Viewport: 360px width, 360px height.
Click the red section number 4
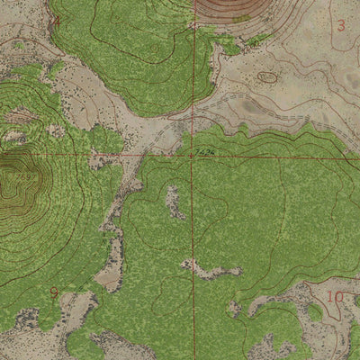coord(58,22)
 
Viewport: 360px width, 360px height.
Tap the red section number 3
coord(340,26)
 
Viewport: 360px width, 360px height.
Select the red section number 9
coord(54,292)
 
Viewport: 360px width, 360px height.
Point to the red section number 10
coord(335,296)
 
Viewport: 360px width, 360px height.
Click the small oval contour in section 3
coord(267,77)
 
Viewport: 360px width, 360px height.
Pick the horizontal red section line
coord(90,155)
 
